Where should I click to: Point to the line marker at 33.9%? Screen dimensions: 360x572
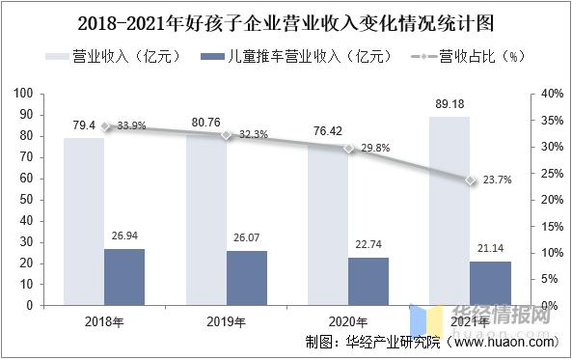[x=106, y=125]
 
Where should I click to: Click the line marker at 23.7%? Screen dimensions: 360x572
[x=471, y=180]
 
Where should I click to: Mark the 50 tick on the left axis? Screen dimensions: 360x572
[x=26, y=200]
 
